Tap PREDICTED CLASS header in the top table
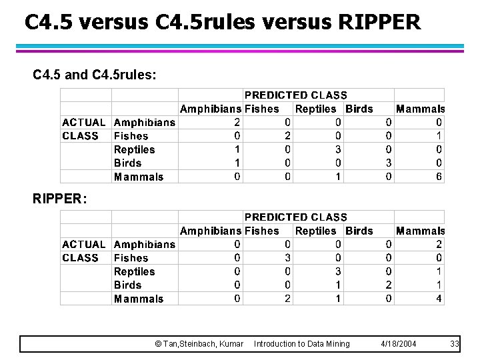pyautogui.click(x=295, y=95)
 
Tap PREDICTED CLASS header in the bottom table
pyautogui.click(x=295, y=217)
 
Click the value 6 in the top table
pyautogui.click(x=439, y=177)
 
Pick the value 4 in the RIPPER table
pyautogui.click(x=439, y=299)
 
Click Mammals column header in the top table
pyautogui.click(x=420, y=109)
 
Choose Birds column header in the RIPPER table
pyautogui.click(x=359, y=231)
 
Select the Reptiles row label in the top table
pyautogui.click(x=134, y=149)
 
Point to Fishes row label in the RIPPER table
pyautogui.click(x=131, y=258)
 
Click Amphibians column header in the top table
pyautogui.click(x=211, y=109)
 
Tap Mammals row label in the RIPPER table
pyautogui.click(x=138, y=299)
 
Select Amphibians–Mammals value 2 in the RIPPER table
pyautogui.click(x=439, y=244)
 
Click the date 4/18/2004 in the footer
pyautogui.click(x=398, y=343)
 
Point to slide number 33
pyautogui.click(x=455, y=343)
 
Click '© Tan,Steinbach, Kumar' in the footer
pyautogui.click(x=199, y=343)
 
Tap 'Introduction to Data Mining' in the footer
pyautogui.click(x=301, y=343)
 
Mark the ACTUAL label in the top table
pyautogui.click(x=83, y=122)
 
